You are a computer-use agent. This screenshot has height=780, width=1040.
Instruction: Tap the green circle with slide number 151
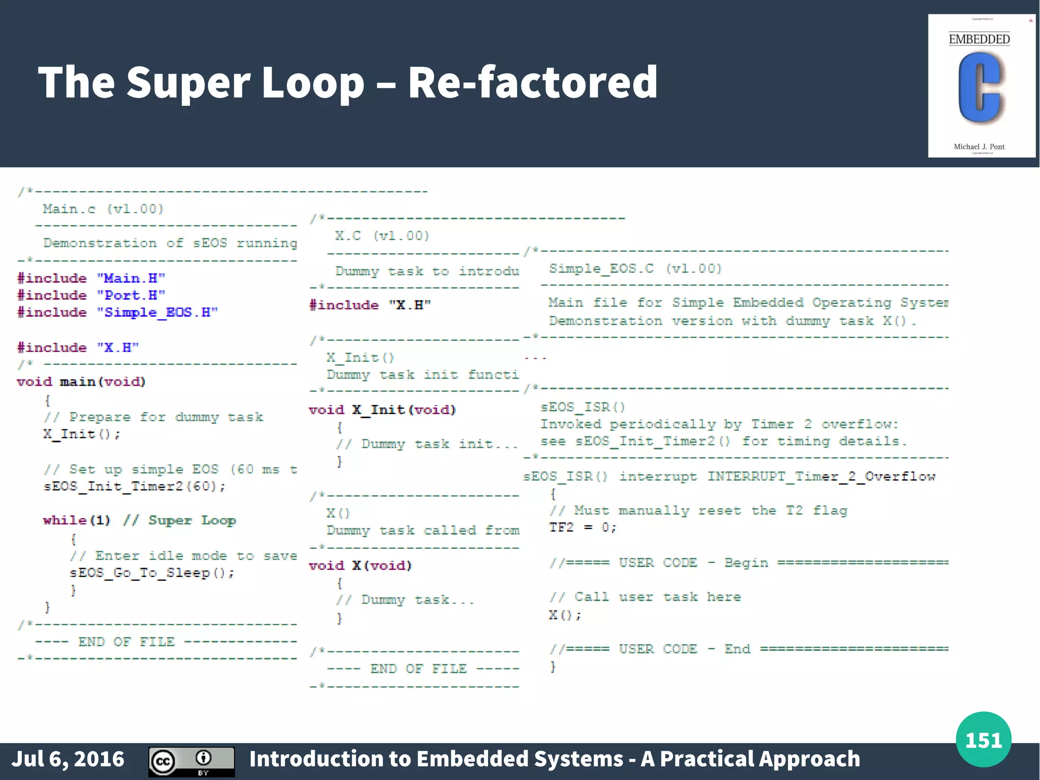(x=983, y=739)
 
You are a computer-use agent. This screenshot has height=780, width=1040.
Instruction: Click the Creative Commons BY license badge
(x=191, y=761)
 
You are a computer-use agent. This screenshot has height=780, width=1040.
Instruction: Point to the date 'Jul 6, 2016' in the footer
(x=68, y=759)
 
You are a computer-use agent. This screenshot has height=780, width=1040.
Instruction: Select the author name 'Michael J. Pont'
(x=979, y=147)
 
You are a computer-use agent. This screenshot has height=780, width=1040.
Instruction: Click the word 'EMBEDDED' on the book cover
(x=979, y=40)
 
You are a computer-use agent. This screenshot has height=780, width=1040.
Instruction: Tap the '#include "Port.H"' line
(x=91, y=295)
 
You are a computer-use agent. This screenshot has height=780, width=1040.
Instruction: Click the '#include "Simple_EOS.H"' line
(x=117, y=313)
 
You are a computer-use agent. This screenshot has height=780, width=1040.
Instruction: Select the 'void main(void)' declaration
(x=81, y=382)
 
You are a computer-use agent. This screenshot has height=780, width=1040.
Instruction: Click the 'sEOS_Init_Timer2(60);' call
(x=134, y=486)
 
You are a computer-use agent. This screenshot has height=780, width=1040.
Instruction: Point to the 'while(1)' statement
(x=76, y=520)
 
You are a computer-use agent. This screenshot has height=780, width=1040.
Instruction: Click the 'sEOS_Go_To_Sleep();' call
(x=152, y=573)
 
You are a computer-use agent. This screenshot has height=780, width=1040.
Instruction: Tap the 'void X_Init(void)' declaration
(x=382, y=410)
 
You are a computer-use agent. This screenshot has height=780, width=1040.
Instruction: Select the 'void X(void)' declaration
(x=360, y=566)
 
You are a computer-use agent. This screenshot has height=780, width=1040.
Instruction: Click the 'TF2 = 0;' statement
(x=582, y=527)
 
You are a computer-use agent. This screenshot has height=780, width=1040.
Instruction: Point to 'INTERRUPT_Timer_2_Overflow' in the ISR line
(x=821, y=476)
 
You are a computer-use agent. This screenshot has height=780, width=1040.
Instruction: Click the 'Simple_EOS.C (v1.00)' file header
(x=635, y=268)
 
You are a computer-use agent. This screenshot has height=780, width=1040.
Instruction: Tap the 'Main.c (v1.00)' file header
(x=103, y=209)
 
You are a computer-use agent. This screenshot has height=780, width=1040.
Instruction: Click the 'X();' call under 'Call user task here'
(x=565, y=615)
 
